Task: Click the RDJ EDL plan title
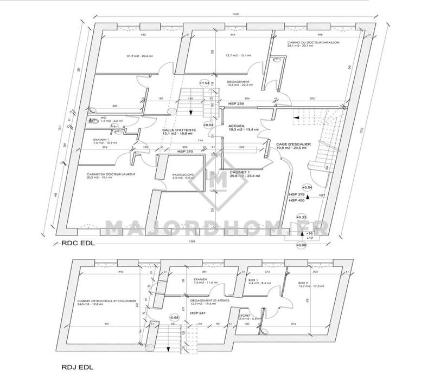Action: (x=75, y=368)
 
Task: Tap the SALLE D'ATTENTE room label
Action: (x=175, y=131)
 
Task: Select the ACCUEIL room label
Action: (x=235, y=126)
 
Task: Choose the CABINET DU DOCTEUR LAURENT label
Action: (x=110, y=174)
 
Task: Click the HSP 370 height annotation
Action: (x=186, y=152)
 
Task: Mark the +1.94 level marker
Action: (x=205, y=83)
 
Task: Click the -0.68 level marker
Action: (x=174, y=317)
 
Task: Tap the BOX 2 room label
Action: (x=303, y=283)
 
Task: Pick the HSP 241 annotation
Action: (x=197, y=313)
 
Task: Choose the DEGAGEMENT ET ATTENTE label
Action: (x=209, y=299)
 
